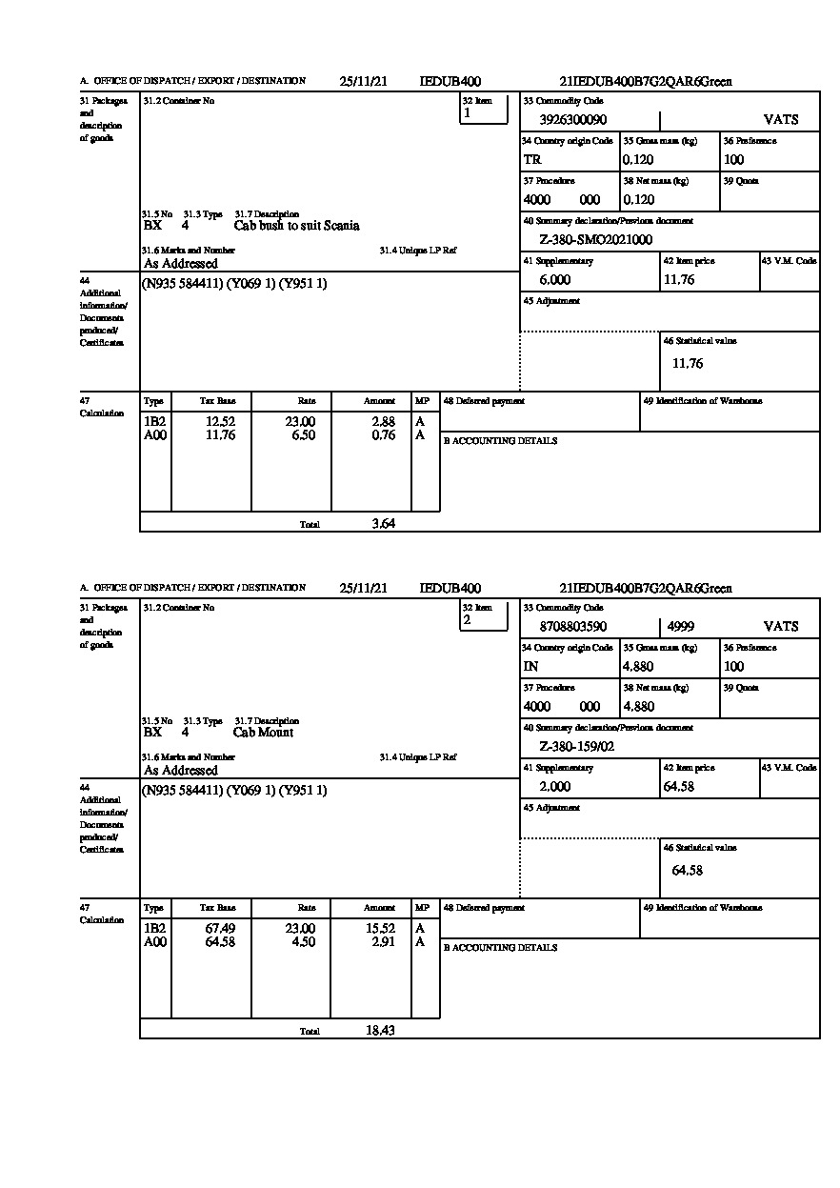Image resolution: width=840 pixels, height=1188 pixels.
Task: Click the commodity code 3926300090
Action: coord(572,120)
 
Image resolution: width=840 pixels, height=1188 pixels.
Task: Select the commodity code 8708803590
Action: coord(572,627)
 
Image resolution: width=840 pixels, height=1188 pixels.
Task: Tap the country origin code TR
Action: coord(532,160)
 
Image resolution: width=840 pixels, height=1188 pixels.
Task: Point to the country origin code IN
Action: coord(531,667)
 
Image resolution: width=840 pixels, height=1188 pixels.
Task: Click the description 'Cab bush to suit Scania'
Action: coord(296,226)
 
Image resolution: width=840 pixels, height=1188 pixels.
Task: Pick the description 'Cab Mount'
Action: coord(263,733)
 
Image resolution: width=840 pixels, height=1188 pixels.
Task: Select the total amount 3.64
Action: coord(383,523)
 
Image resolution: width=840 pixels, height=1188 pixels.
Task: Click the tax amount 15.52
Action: coord(381,929)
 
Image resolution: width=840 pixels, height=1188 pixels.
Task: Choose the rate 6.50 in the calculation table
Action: coord(301,435)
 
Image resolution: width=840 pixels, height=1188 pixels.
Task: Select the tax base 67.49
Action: coord(220,929)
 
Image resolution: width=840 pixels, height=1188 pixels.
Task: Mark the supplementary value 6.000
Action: coord(554,280)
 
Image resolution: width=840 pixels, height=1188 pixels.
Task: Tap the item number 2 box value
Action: coord(468,620)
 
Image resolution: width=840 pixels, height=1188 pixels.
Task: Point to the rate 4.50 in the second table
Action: coord(301,942)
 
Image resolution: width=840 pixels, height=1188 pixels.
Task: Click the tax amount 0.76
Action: coord(383,435)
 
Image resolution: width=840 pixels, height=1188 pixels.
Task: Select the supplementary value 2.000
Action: coord(554,787)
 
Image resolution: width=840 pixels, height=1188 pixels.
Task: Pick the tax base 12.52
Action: coord(220,422)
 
